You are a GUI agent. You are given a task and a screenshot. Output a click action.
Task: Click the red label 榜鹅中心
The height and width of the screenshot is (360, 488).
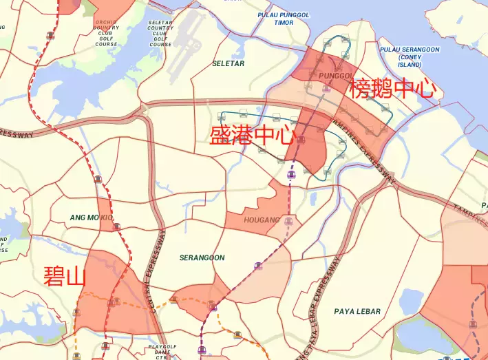coord(393,89)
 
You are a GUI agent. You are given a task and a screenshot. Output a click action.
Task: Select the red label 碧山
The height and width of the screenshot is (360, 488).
coord(64,276)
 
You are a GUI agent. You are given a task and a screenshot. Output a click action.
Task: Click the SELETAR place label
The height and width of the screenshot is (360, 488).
coord(228,64)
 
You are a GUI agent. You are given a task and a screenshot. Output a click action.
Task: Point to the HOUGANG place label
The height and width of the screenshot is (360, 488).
coord(262,220)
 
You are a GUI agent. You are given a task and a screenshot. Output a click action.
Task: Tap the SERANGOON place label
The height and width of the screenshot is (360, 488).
coord(202,258)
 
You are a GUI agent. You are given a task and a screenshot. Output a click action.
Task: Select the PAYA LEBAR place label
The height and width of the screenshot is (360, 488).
coord(357,312)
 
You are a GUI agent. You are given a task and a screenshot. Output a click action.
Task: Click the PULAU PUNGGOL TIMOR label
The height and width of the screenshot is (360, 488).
coord(284,19)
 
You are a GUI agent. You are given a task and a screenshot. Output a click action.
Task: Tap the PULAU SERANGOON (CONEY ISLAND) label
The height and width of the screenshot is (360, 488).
coord(410,57)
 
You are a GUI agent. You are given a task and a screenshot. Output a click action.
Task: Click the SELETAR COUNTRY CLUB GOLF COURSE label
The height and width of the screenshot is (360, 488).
coord(160,33)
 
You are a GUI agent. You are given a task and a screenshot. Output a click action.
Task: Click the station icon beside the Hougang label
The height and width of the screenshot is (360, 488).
coord(288,221)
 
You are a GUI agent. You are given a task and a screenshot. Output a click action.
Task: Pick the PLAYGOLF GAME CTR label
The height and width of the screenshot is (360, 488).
coord(162,352)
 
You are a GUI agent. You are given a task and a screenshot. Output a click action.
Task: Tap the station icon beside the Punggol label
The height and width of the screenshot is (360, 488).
coord(326,88)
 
